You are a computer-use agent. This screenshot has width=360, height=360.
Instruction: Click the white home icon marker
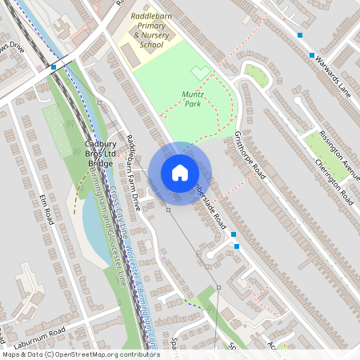coord(180,172)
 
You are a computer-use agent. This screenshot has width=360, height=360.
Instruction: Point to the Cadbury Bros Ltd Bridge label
coord(100,154)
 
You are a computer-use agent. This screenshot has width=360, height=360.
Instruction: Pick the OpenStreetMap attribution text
coord(80,354)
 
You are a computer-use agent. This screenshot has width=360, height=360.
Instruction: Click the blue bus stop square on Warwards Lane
coord(311,54)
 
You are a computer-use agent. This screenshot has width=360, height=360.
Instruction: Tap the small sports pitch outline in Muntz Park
coord(198,74)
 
